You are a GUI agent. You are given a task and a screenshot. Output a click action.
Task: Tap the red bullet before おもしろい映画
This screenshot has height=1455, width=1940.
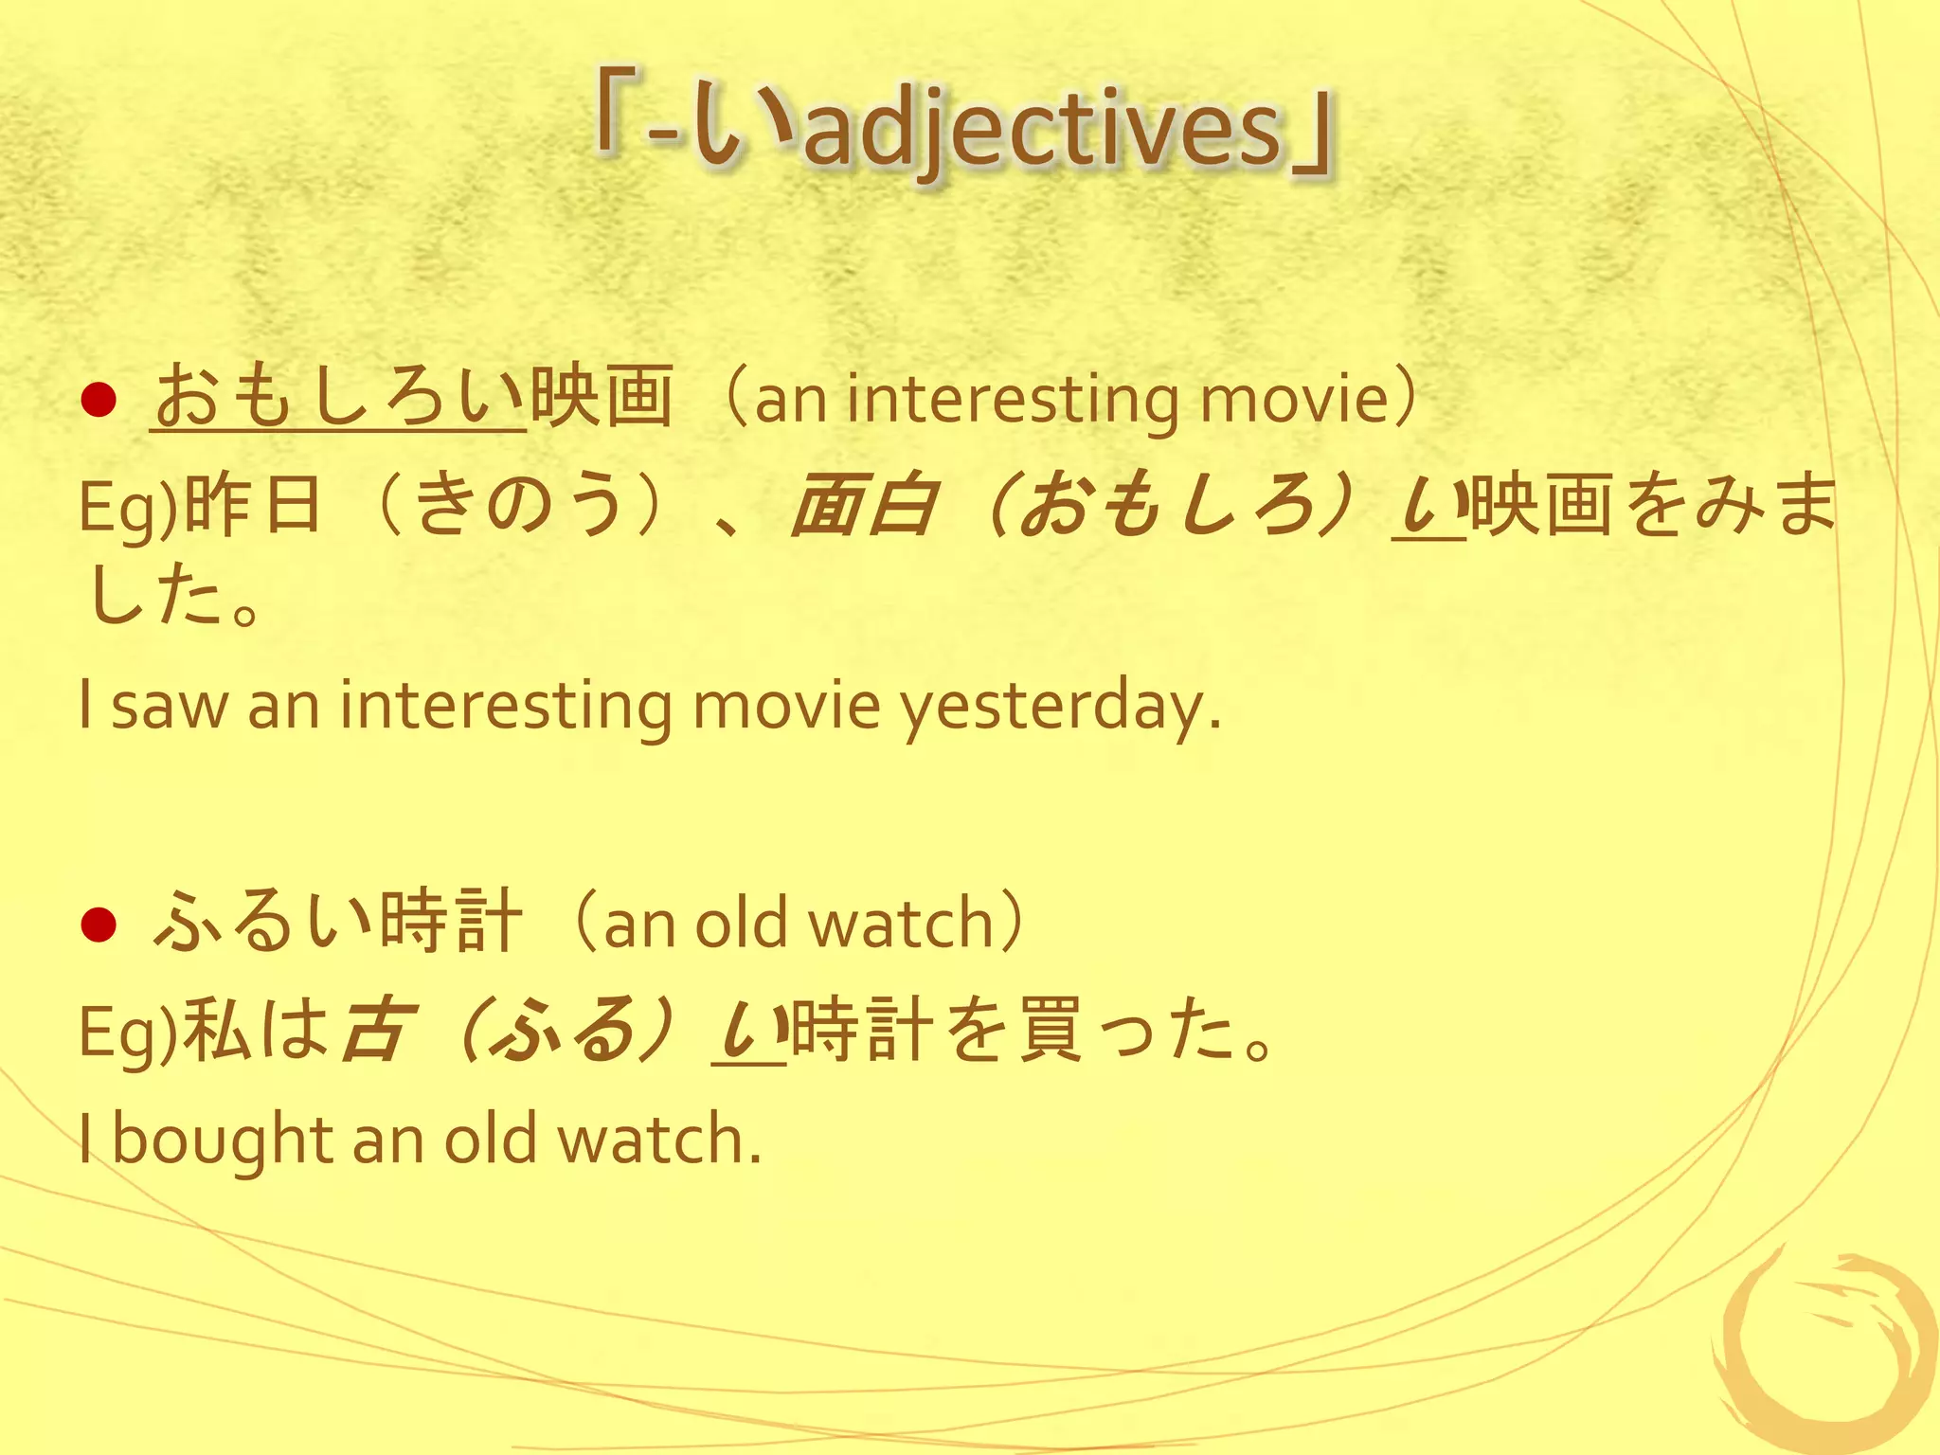(99, 401)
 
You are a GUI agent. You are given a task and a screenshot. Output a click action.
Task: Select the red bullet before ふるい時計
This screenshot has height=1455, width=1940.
(99, 925)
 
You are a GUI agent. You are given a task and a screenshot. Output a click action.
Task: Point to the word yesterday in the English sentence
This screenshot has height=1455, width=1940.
(1059, 707)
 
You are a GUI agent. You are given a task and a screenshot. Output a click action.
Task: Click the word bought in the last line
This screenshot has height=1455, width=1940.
(222, 1139)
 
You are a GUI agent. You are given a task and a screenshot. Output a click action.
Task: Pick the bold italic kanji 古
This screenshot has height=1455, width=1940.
(377, 1030)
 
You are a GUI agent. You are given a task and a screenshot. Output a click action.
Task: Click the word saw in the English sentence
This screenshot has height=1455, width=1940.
(171, 707)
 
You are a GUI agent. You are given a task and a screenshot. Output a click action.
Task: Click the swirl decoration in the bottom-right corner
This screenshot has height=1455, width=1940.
(1823, 1350)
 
